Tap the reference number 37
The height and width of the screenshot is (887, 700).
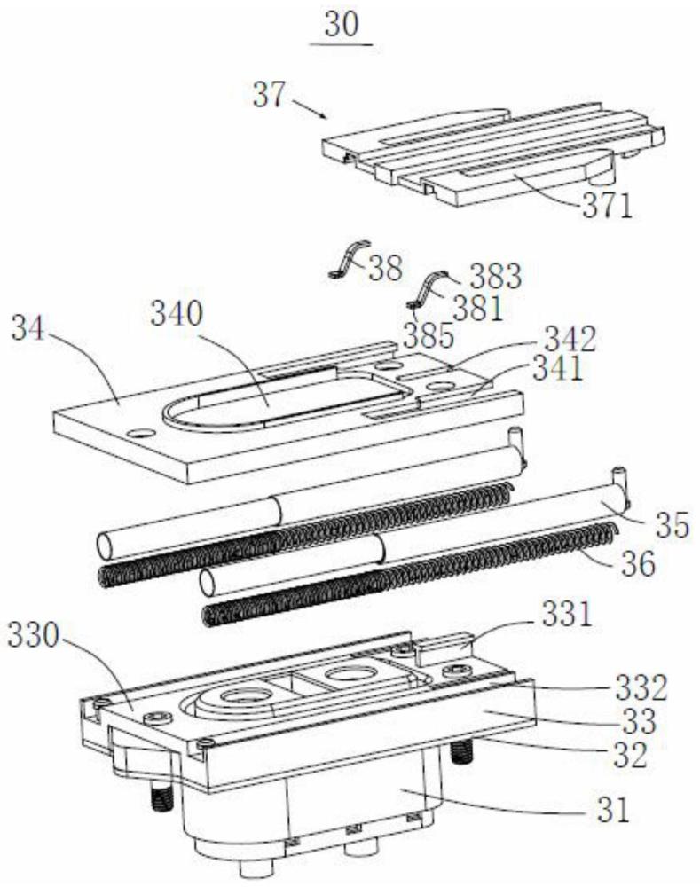(x=270, y=95)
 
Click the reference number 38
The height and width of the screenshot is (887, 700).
(x=386, y=268)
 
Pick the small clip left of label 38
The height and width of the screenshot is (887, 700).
(x=348, y=260)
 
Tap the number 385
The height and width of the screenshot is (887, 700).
(x=429, y=335)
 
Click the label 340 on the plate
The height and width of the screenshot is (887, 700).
(x=176, y=315)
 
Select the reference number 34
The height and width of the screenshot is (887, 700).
(x=28, y=329)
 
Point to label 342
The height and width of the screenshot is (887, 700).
(x=570, y=339)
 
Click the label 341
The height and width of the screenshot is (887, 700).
(x=558, y=369)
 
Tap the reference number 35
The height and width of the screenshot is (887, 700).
(x=672, y=524)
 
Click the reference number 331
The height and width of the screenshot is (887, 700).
(x=567, y=615)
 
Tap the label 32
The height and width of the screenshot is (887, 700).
(x=631, y=755)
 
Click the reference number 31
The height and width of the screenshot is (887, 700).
(x=613, y=811)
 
